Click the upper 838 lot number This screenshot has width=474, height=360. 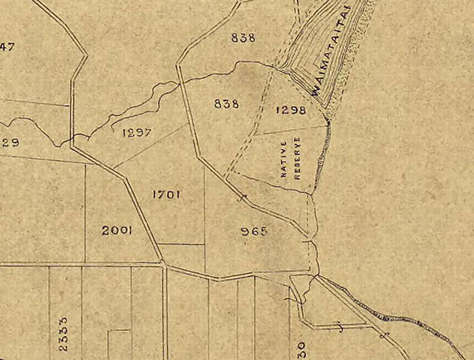(243, 38)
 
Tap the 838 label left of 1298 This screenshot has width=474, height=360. (226, 104)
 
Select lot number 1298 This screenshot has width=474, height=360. (291, 110)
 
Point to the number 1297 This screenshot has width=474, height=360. (137, 133)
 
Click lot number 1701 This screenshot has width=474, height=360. (166, 194)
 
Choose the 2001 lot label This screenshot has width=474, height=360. (117, 231)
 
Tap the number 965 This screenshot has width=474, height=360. (254, 231)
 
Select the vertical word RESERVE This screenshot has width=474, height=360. (297, 158)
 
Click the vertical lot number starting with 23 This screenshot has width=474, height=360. (63, 334)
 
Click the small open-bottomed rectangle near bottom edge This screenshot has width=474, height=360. (119, 343)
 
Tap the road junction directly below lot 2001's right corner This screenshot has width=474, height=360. (162, 262)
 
